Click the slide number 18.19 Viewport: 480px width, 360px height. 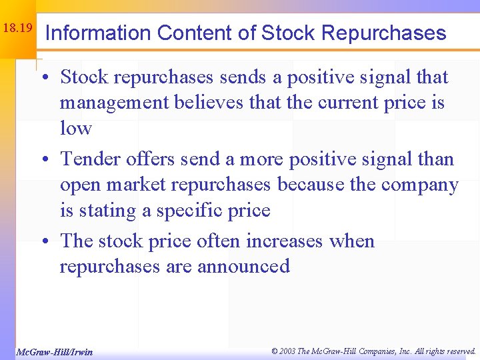[17, 29]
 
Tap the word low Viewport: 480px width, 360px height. [75, 128]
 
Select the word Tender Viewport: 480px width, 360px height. [90, 159]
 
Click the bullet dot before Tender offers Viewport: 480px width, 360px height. [50, 161]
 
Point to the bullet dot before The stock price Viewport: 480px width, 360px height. [50, 242]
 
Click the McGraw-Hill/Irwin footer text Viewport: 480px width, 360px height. [54, 352]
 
